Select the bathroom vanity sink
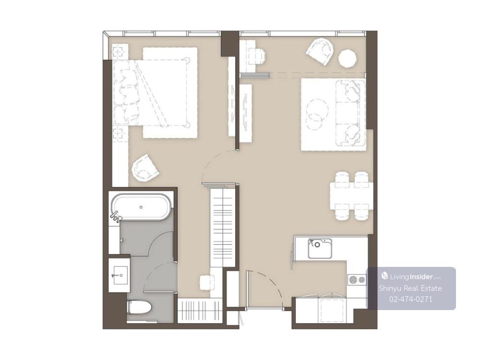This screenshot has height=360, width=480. pyautogui.click(x=120, y=275)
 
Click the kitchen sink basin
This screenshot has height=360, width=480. pyautogui.click(x=320, y=248)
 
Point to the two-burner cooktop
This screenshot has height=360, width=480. pyautogui.click(x=357, y=279)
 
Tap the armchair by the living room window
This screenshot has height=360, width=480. pyautogui.click(x=320, y=51)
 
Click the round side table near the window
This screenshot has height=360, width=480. pyautogui.click(x=348, y=58)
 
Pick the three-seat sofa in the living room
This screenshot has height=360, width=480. pyautogui.click(x=350, y=113)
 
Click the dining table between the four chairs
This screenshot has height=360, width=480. pyautogui.click(x=351, y=196)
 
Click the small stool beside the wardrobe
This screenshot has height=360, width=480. pyautogui.click(x=207, y=282)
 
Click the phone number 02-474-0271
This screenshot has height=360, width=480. pyautogui.click(x=411, y=299)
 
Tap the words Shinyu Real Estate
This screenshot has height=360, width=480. pyautogui.click(x=410, y=288)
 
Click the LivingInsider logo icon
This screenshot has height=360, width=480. pyautogui.click(x=384, y=276)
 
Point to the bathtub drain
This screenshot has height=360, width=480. pyautogui.click(x=141, y=207)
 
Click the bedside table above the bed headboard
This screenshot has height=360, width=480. pyautogui.click(x=120, y=51)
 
